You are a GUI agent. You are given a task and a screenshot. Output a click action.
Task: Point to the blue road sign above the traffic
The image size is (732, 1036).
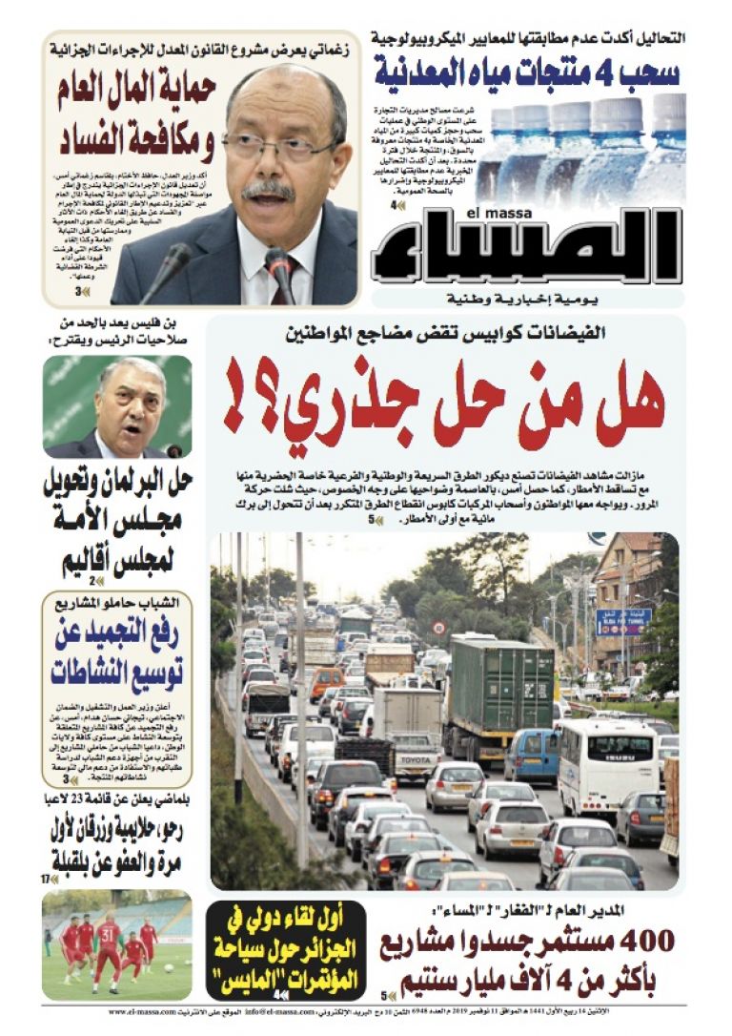(x=624, y=621)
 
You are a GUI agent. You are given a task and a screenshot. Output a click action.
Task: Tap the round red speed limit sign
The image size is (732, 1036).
(x=438, y=628)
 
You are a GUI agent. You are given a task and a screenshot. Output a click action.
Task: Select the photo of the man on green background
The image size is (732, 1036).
(x=117, y=406)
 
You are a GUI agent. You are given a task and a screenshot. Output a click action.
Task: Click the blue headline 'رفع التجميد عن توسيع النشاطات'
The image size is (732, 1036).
(x=116, y=653)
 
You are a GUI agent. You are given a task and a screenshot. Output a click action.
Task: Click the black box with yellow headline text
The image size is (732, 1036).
(x=285, y=949)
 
